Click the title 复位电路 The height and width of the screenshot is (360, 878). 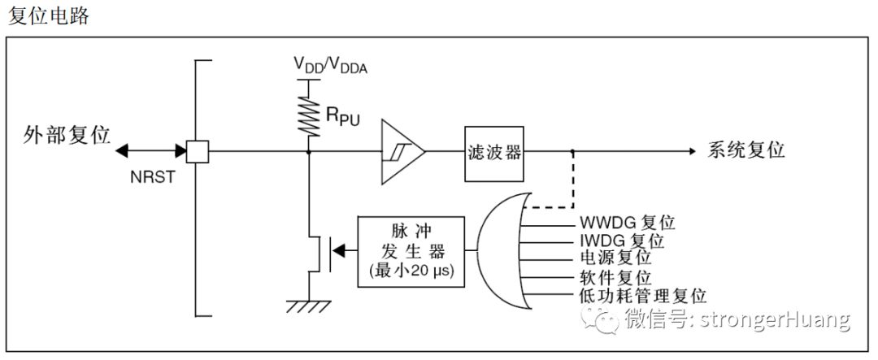tap(48, 17)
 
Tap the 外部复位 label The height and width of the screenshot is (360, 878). tap(67, 135)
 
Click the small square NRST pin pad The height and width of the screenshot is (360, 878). tap(198, 151)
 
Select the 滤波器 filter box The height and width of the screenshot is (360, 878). tap(494, 151)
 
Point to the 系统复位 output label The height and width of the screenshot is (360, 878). tap(746, 151)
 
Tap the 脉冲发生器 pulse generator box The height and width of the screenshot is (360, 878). tap(411, 251)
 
